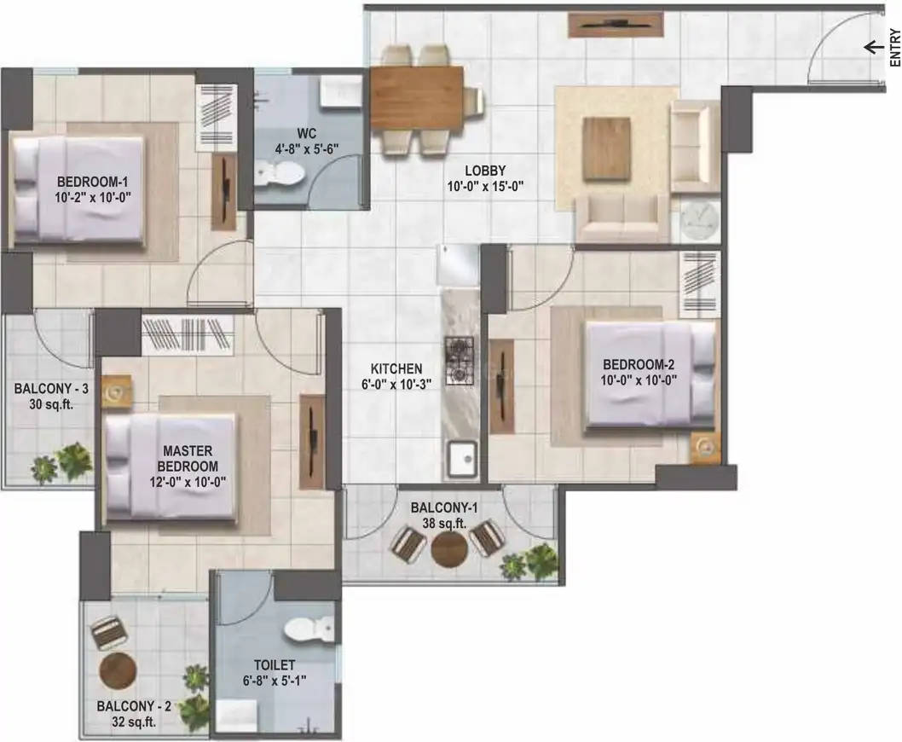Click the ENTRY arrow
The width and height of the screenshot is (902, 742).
click(875, 47)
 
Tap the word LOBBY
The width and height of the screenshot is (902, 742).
click(485, 171)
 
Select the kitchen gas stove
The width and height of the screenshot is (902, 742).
click(459, 361)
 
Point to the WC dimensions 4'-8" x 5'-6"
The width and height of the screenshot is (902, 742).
click(307, 149)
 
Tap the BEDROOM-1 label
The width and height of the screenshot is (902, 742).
click(92, 183)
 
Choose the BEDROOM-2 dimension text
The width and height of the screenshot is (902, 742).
click(639, 380)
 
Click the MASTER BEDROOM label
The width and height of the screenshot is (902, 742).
click(188, 459)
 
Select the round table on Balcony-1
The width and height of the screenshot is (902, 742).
click(448, 549)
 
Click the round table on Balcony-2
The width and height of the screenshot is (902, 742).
click(118, 671)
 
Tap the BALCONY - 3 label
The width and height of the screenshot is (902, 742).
click(51, 389)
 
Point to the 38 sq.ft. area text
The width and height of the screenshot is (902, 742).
click(444, 524)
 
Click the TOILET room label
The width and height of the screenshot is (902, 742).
click(275, 665)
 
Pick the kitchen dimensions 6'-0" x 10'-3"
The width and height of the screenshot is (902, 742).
click(396, 384)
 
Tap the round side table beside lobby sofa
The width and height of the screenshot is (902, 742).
click(699, 219)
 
